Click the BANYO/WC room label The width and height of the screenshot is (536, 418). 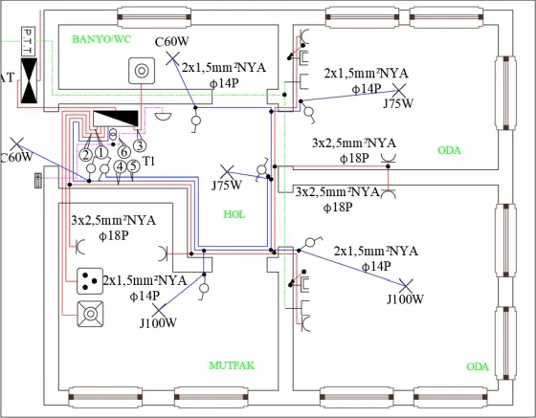coord(101,39)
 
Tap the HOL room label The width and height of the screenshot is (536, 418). coord(234,214)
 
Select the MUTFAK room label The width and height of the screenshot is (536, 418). coord(232,365)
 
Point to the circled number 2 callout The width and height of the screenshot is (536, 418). coord(86,155)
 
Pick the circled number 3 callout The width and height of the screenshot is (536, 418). coord(140,145)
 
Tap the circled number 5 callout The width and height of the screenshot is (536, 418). coord(133,166)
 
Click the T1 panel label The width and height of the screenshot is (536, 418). coord(148,161)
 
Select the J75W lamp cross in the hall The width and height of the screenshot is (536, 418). coord(227,172)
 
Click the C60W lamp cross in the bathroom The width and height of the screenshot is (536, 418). coord(173,58)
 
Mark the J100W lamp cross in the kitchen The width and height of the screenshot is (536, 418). coord(158,311)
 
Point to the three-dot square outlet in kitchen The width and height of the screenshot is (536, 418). coord(90,281)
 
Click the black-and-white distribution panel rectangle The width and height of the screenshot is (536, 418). coord(116,119)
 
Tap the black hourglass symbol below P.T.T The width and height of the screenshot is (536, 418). coord(29,80)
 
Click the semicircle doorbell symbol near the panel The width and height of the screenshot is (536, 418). coord(163,116)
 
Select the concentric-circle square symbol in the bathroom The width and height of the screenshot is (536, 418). coord(142,71)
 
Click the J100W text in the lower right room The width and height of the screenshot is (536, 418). coord(405,299)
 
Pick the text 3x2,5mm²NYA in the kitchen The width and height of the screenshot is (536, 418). coord(114,221)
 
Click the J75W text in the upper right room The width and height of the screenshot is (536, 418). coord(398,103)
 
